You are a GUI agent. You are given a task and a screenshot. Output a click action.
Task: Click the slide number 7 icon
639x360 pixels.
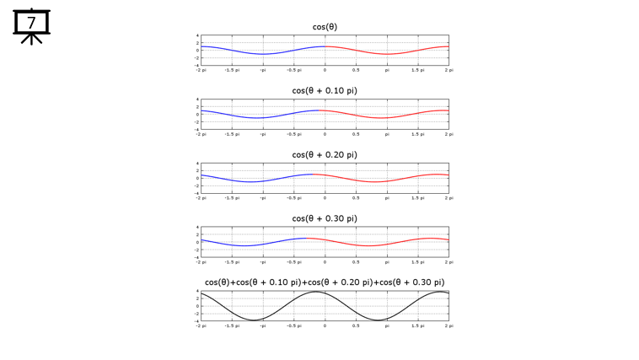(32, 24)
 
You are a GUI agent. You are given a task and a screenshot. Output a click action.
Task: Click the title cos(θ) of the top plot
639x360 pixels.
(325, 26)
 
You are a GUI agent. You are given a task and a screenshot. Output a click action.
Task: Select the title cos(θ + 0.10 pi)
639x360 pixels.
(325, 90)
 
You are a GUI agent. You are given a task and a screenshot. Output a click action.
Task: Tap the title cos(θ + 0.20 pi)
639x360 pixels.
(325, 154)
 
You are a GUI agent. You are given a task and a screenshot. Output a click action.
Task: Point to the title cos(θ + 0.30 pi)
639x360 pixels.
(325, 218)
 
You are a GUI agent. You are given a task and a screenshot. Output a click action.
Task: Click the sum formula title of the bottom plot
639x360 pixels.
(325, 282)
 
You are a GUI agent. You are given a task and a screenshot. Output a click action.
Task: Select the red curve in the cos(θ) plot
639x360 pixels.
(388, 54)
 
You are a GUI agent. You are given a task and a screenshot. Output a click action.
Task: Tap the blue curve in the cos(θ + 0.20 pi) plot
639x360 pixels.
(253, 181)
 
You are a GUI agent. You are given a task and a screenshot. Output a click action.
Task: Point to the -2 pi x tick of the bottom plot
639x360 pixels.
(200, 325)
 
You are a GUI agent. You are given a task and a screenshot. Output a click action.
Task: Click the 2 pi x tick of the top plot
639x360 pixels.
(448, 70)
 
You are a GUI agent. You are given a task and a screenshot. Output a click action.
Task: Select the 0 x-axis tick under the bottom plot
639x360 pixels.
(325, 325)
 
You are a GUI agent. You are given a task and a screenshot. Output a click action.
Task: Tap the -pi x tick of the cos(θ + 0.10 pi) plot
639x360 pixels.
(262, 134)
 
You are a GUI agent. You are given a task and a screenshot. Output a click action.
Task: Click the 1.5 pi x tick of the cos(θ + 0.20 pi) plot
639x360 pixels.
(417, 198)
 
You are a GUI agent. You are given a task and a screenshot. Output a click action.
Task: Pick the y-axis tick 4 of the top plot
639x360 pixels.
(197, 35)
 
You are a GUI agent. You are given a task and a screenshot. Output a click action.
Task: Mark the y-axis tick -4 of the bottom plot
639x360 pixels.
(196, 320)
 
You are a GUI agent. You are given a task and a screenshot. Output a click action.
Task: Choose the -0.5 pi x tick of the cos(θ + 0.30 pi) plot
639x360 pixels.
(293, 262)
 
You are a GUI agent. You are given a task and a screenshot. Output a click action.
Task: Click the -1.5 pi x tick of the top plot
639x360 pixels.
(230, 70)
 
